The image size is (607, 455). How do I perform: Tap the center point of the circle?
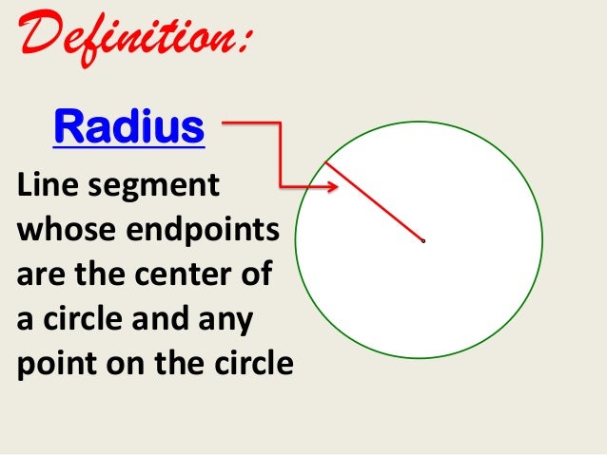423,240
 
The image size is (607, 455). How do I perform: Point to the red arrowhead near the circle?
332,187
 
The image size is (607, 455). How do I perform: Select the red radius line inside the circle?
375,201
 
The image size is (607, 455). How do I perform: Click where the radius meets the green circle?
325,162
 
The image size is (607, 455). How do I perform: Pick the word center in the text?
190,275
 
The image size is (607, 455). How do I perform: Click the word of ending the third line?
254,275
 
